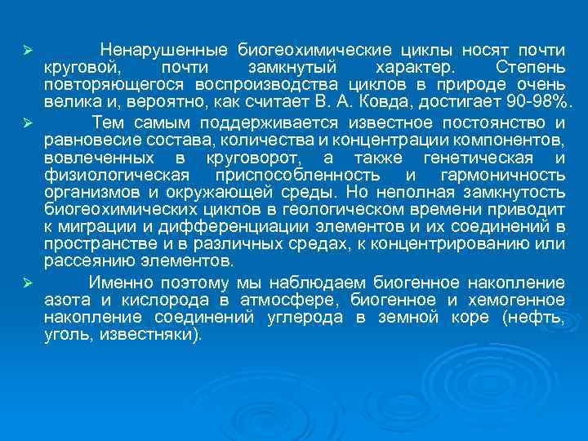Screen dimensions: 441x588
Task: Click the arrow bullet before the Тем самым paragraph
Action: click(x=27, y=122)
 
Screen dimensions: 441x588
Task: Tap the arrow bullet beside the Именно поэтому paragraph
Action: click(x=27, y=283)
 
